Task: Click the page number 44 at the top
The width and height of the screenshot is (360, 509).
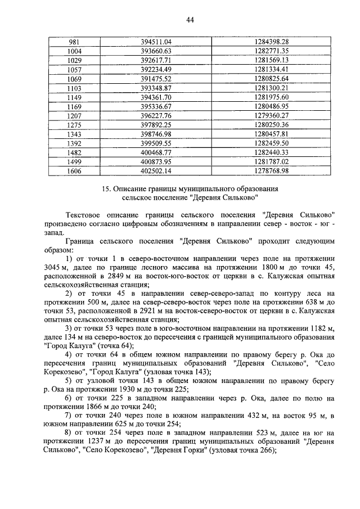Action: pyautogui.click(x=190, y=20)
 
